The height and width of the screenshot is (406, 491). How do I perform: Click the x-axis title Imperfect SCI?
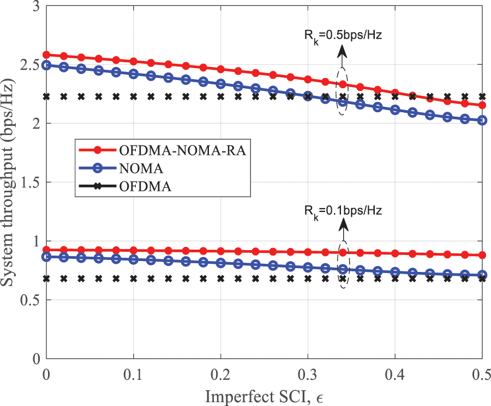click(267, 396)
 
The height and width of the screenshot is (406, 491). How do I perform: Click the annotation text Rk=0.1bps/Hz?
click(343, 210)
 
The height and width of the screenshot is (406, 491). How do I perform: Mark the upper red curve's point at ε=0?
click(46, 54)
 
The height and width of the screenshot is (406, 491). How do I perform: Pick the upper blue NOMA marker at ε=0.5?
click(482, 120)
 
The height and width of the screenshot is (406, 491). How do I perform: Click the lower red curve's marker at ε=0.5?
click(482, 255)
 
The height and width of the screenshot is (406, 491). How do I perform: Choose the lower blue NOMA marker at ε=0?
click(46, 256)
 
